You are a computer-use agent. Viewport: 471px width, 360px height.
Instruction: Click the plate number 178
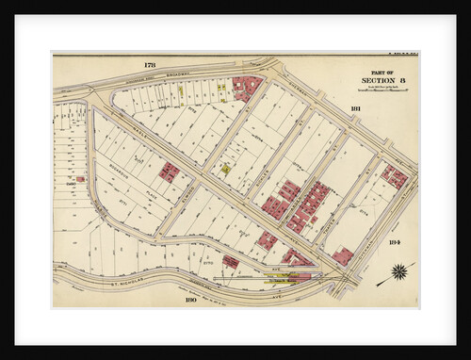[x=150, y=64]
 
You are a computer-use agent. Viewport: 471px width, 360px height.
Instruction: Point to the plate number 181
[x=355, y=109]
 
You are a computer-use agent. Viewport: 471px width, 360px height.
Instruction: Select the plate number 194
[x=394, y=242]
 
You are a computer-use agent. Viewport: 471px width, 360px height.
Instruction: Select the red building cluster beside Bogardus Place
[x=170, y=172]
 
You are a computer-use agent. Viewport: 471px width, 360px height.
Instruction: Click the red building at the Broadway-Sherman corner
[x=248, y=88]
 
